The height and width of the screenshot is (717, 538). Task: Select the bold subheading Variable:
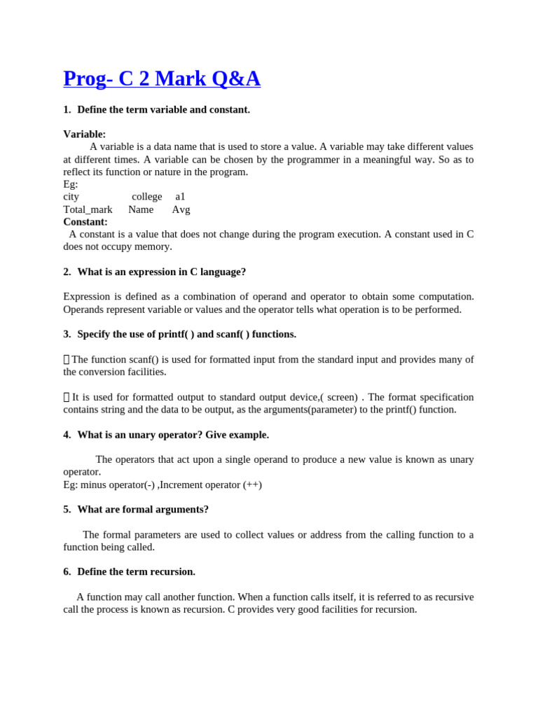84,134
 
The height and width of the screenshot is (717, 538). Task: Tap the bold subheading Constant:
85,222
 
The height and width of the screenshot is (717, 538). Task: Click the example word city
71,197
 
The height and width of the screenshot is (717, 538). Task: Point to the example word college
146,197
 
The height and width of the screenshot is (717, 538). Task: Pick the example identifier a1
180,197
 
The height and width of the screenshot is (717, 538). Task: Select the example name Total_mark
88,209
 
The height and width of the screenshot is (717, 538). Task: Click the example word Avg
181,209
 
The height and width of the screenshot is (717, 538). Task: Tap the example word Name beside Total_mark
140,209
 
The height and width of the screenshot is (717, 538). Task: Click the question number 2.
67,272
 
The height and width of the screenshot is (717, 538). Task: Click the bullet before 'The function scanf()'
67,360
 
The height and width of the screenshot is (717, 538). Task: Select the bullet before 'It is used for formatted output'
67,398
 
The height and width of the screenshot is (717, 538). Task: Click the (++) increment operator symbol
252,485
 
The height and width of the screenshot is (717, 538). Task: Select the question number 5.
67,510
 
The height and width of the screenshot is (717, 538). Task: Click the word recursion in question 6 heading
172,572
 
